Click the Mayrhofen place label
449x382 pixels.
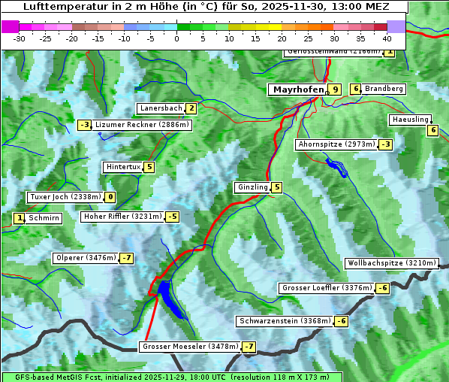tap(298, 89)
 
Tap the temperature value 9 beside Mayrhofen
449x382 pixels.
tap(336, 89)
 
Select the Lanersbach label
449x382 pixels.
tap(161, 108)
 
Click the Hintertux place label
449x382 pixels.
tap(123, 167)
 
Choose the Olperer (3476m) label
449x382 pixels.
tap(85, 258)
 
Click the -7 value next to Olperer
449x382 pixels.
tap(126, 258)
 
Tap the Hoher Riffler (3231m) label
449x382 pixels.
tap(122, 217)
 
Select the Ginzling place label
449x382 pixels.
tap(252, 187)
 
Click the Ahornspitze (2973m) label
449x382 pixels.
tap(336, 144)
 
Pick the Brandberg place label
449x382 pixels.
tap(384, 89)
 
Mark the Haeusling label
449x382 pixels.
tap(410, 120)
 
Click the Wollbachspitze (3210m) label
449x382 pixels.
tap(390, 263)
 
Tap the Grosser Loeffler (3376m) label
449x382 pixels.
tap(326, 288)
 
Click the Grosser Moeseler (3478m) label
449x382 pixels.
tap(189, 347)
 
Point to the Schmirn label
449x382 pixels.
tap(45, 218)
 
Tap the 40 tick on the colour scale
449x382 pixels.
tap(387, 38)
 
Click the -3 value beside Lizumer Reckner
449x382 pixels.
tap(84, 125)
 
